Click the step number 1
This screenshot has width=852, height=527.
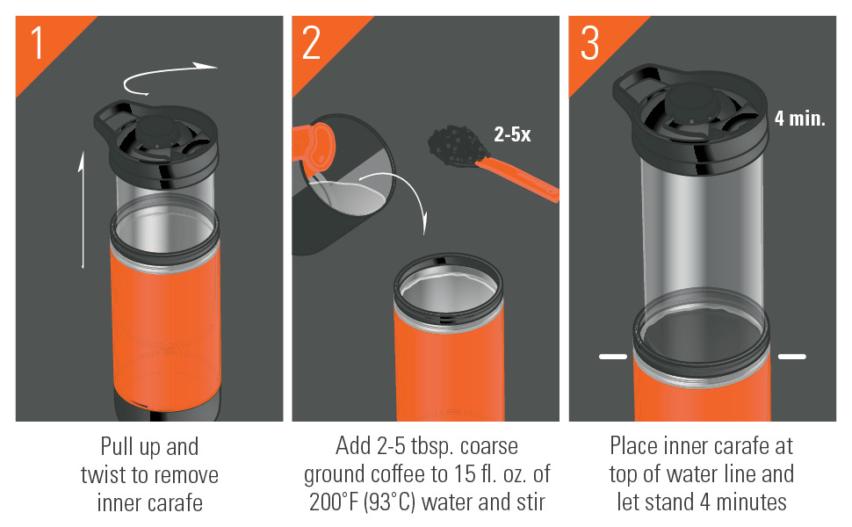coord(37,44)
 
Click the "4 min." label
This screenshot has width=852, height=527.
coord(799,119)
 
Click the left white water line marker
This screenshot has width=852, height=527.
coord(612,357)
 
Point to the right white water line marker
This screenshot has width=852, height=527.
coord(791,357)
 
